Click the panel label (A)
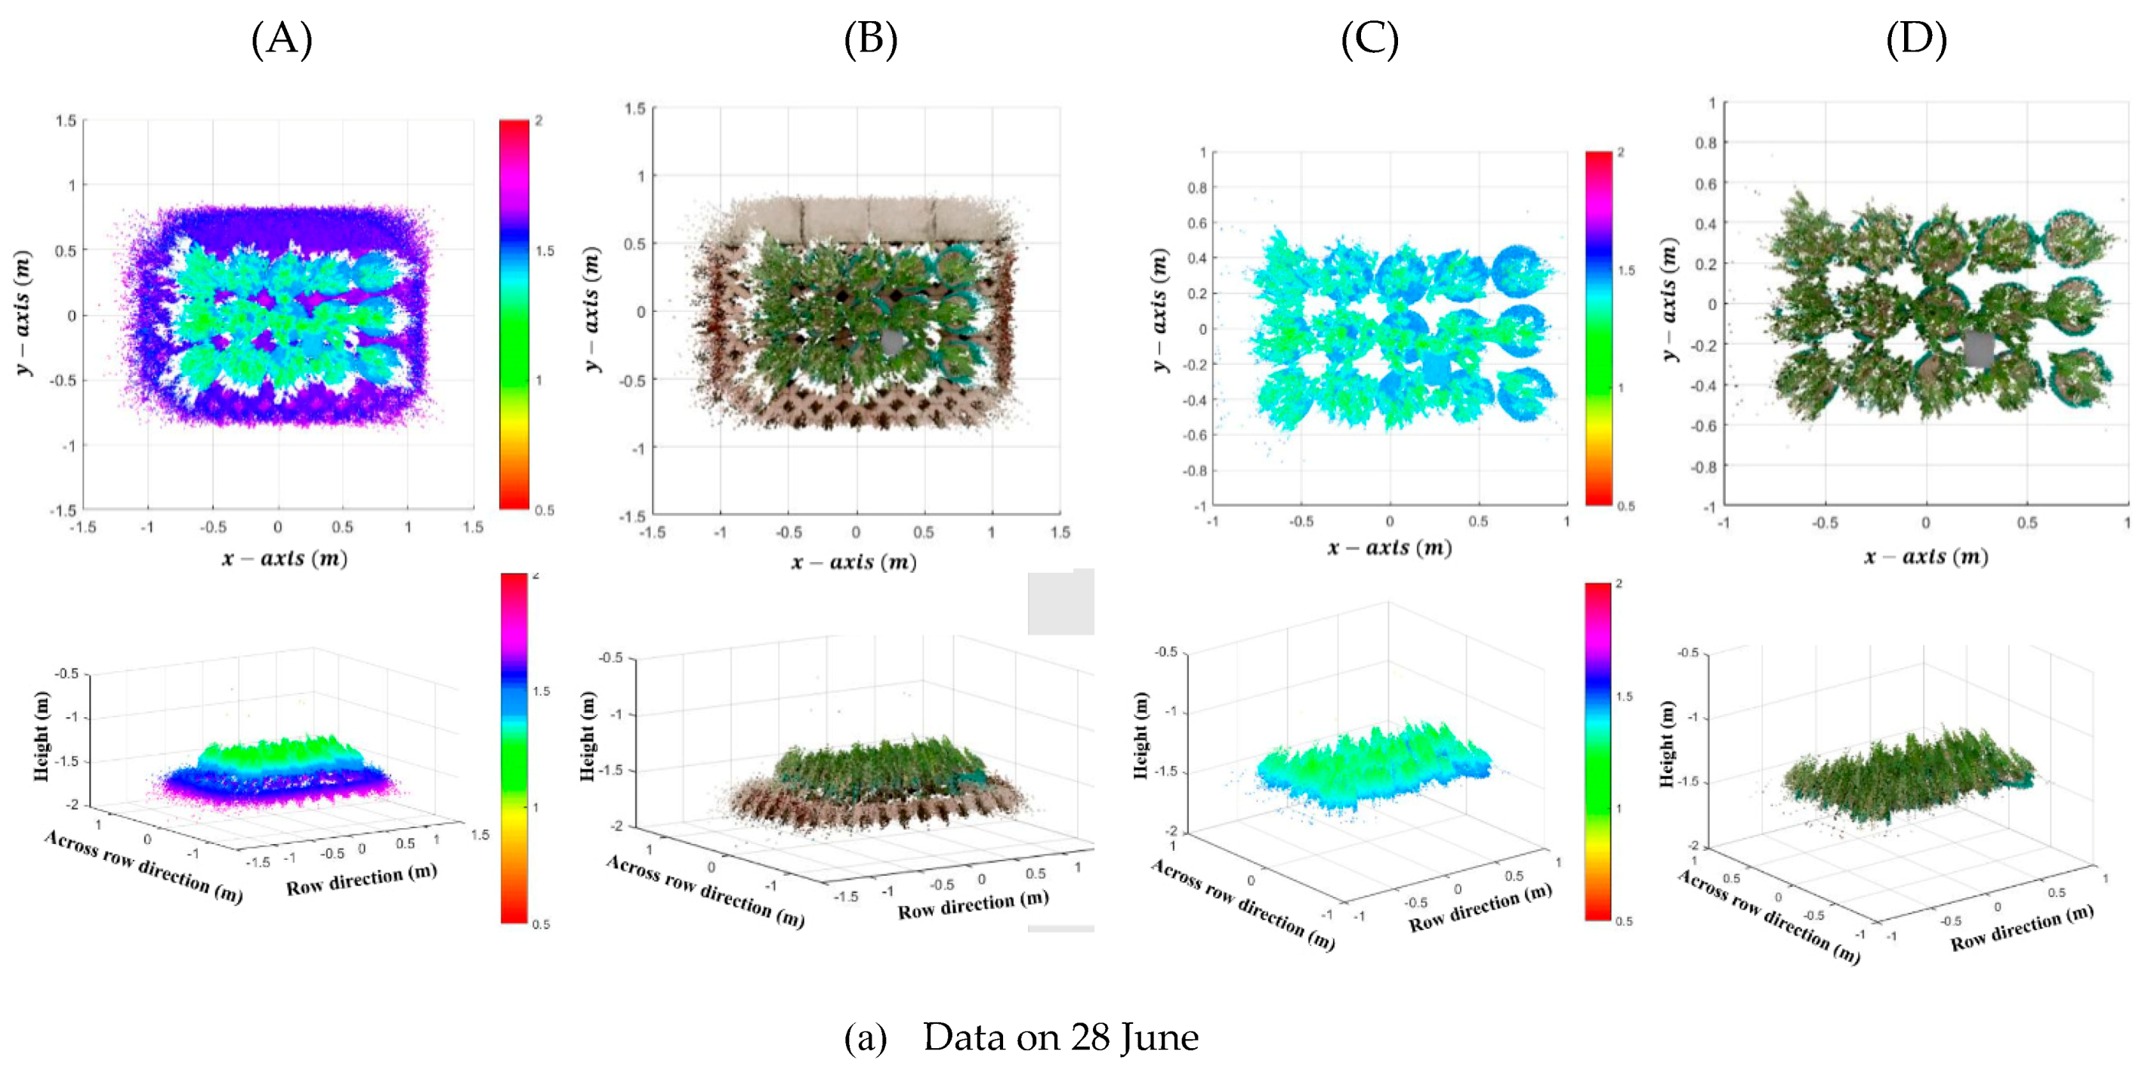tap(282, 39)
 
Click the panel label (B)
tap(870, 39)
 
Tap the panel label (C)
tap(1369, 39)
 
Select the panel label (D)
tap(1916, 39)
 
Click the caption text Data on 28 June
tap(1060, 1037)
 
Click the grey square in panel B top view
tap(891, 342)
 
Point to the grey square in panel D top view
tap(1978, 348)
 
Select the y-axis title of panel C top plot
tap(1161, 311)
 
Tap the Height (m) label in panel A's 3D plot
tap(41, 737)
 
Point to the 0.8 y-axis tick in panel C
tap(1196, 188)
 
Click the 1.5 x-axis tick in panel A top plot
tap(473, 527)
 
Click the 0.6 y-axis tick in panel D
tap(1705, 184)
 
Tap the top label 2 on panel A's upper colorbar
tap(539, 122)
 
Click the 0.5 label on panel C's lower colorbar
tap(1623, 921)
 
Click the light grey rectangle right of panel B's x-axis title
tap(1060, 602)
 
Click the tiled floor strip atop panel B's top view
tap(869, 219)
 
